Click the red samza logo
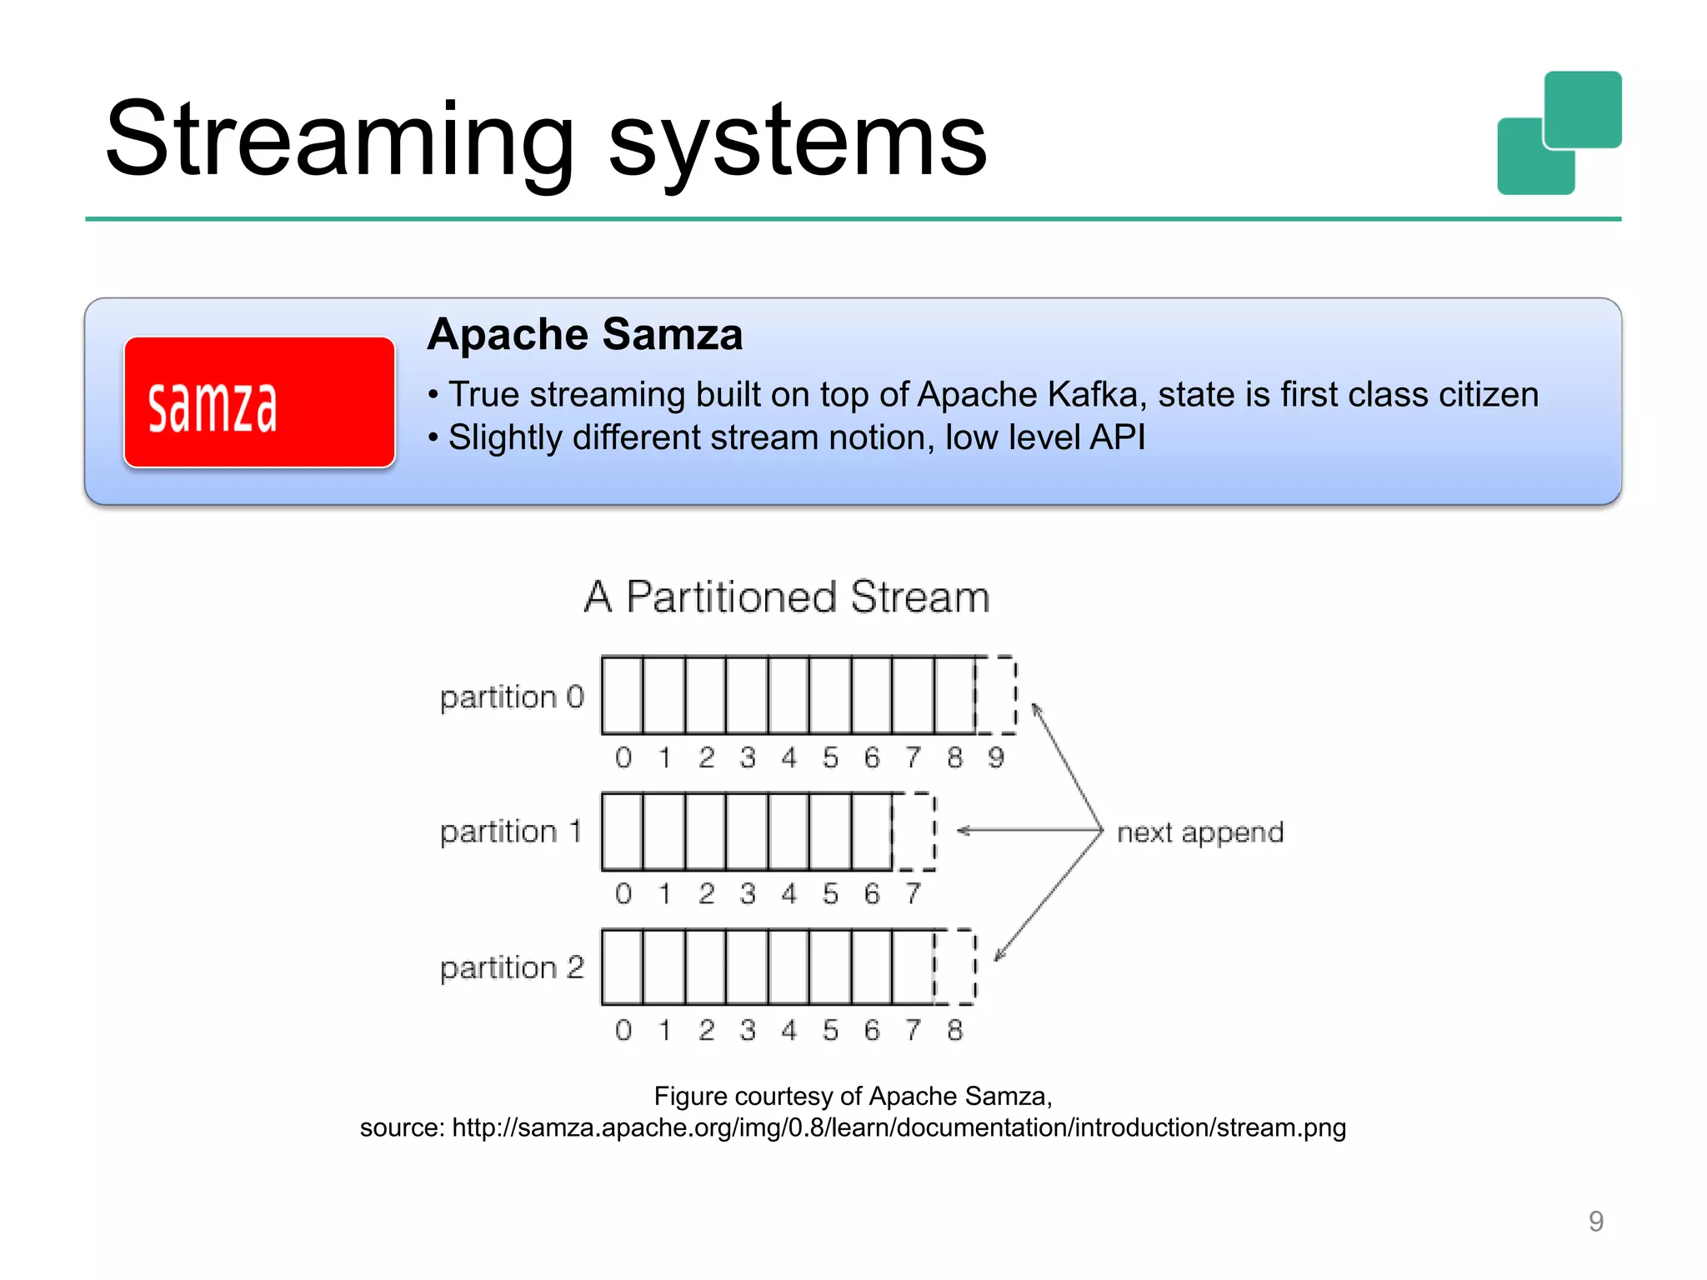[x=259, y=402]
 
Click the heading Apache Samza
[x=584, y=335]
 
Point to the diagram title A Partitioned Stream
[x=787, y=597]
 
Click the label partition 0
[x=512, y=697]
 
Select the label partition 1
[x=510, y=832]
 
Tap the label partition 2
[x=512, y=967]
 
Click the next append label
[x=1199, y=832]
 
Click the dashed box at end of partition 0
[x=996, y=695]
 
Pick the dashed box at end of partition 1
[x=914, y=832]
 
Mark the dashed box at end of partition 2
[x=955, y=967]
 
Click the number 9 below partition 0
[x=996, y=757]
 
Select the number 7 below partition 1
[x=914, y=893]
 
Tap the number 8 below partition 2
[x=955, y=1030]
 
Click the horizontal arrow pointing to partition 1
[x=1029, y=830]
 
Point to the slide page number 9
[x=1595, y=1221]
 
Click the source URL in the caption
[x=899, y=1127]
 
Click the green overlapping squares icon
[x=1559, y=133]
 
